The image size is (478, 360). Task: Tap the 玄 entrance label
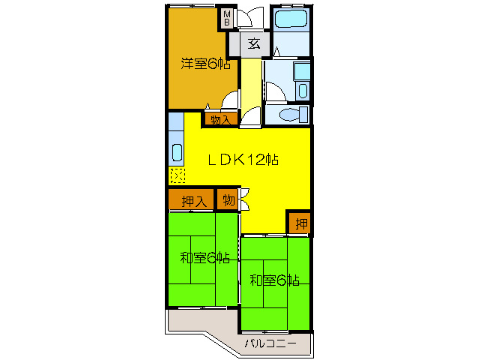254,43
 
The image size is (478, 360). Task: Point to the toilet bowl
286,115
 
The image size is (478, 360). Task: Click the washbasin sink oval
303,91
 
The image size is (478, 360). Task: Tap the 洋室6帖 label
205,64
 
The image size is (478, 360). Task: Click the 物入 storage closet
220,118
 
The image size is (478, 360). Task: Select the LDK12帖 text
243,159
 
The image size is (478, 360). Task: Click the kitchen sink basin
176,152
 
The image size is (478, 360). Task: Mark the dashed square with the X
176,176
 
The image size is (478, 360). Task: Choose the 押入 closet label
193,201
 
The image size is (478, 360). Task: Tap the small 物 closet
228,201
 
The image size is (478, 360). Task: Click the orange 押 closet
300,223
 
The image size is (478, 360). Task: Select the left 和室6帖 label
204,259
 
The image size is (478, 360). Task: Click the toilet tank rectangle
303,115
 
